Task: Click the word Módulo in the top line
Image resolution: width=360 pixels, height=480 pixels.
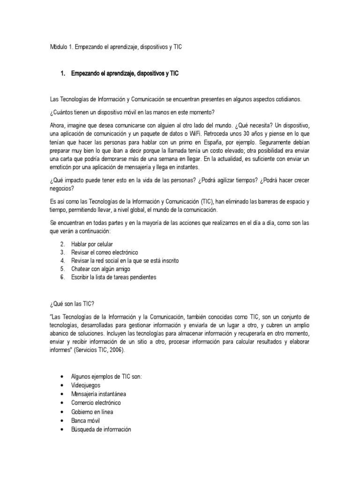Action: [59, 48]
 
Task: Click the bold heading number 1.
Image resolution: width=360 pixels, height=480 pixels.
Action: [63, 74]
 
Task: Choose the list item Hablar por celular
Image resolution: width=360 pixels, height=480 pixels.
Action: [92, 245]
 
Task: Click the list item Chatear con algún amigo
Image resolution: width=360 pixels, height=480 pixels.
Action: [100, 269]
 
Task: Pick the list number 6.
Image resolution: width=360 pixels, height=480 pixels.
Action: [62, 277]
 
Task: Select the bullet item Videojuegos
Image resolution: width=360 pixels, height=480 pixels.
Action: [86, 385]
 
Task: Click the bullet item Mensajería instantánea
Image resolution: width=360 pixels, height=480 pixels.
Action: [98, 394]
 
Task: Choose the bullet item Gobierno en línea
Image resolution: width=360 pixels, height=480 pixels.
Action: [92, 412]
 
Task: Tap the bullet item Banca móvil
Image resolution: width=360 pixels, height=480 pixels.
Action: [86, 420]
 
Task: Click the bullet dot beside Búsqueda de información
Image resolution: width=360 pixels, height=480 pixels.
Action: [62, 429]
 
